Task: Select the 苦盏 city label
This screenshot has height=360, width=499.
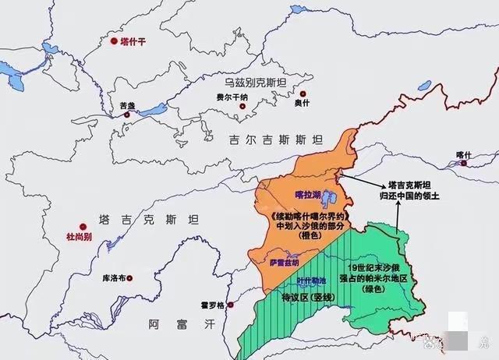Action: [127, 105]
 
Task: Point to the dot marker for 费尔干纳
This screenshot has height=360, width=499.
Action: [232, 107]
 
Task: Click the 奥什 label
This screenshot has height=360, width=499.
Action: [302, 102]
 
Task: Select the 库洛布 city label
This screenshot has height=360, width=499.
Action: [115, 277]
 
